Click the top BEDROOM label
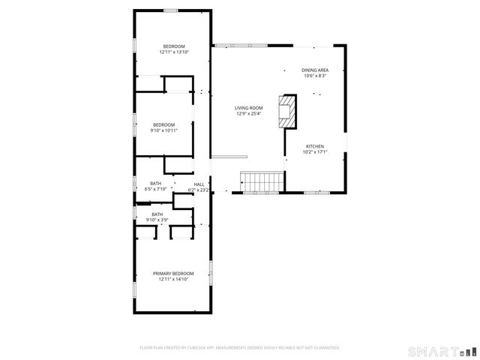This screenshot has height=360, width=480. [x=174, y=46]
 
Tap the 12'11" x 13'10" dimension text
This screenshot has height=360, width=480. [x=174, y=52]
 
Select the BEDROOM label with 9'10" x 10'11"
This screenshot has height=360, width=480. [x=164, y=124]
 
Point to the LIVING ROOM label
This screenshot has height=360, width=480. [x=249, y=108]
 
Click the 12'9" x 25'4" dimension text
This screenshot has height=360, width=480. [x=249, y=114]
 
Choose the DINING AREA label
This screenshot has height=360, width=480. [x=315, y=70]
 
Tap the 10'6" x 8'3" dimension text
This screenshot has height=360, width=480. [x=315, y=76]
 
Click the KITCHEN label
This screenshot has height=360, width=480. [x=315, y=146]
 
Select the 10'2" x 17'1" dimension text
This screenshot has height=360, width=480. [x=315, y=152]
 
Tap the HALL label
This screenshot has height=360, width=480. [x=199, y=184]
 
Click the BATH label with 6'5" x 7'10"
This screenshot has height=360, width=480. [x=156, y=184]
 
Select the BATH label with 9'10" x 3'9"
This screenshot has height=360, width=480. [x=157, y=214]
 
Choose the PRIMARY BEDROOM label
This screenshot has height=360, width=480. [x=174, y=274]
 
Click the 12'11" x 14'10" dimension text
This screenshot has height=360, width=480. [x=174, y=280]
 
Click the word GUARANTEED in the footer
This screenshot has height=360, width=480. [x=322, y=348]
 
